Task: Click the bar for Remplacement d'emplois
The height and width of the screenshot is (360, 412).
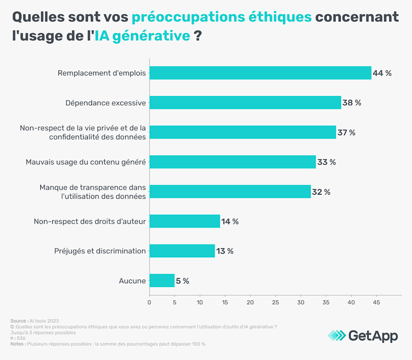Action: (260, 73)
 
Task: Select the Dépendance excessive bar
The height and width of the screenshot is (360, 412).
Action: (245, 103)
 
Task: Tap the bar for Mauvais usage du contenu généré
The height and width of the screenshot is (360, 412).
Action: (232, 162)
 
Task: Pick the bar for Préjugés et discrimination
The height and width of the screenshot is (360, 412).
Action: (182, 251)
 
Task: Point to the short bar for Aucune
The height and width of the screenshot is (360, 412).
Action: (162, 280)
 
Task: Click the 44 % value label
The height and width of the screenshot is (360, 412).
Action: (382, 73)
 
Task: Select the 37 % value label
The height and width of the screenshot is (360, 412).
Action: (346, 132)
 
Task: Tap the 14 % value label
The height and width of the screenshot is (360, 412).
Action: (230, 221)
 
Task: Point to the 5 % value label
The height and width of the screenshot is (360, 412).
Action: (183, 281)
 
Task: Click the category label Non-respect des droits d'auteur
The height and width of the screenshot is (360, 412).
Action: (90, 221)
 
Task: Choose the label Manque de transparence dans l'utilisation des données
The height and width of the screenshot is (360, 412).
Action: (93, 192)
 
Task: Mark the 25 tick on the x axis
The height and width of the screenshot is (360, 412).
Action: (276, 302)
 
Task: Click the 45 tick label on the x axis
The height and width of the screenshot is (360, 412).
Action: (376, 302)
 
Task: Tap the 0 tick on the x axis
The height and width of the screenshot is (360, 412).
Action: (149, 302)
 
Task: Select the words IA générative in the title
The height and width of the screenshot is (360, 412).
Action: (143, 35)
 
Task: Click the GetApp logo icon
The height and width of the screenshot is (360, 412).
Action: (337, 335)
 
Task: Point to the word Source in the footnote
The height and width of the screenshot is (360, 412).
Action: (18, 321)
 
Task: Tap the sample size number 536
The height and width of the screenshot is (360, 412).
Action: (21, 338)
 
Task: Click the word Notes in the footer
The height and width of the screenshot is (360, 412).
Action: (17, 344)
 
